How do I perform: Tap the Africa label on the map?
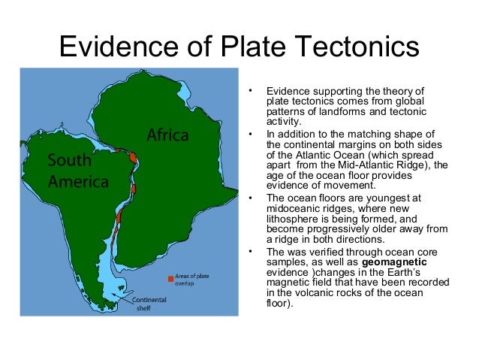tap(167, 136)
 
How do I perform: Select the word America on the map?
tap(78, 181)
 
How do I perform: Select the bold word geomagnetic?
tap(398, 262)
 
